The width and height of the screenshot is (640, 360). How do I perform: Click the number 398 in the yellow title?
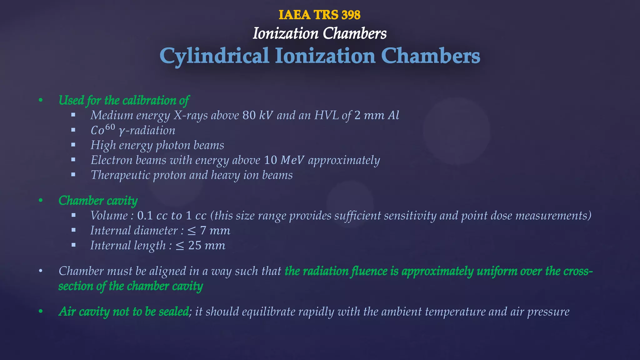coord(351,15)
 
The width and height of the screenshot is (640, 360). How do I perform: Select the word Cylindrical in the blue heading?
coord(214,56)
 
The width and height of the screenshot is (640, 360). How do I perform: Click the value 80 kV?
coord(257,115)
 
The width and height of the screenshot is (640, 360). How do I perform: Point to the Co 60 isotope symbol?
coord(102,130)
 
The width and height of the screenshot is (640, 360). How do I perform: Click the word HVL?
coord(326,115)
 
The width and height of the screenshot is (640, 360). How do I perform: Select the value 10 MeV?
coord(284,160)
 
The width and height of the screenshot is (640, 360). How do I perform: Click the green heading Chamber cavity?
coord(98,201)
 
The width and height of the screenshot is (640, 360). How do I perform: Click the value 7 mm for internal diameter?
coord(215,231)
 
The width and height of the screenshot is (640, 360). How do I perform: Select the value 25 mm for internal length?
coord(207,246)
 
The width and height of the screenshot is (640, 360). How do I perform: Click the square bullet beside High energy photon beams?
coord(73,145)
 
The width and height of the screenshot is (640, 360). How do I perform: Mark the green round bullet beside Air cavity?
coord(41,312)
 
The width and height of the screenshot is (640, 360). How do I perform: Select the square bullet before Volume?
coord(73,215)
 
